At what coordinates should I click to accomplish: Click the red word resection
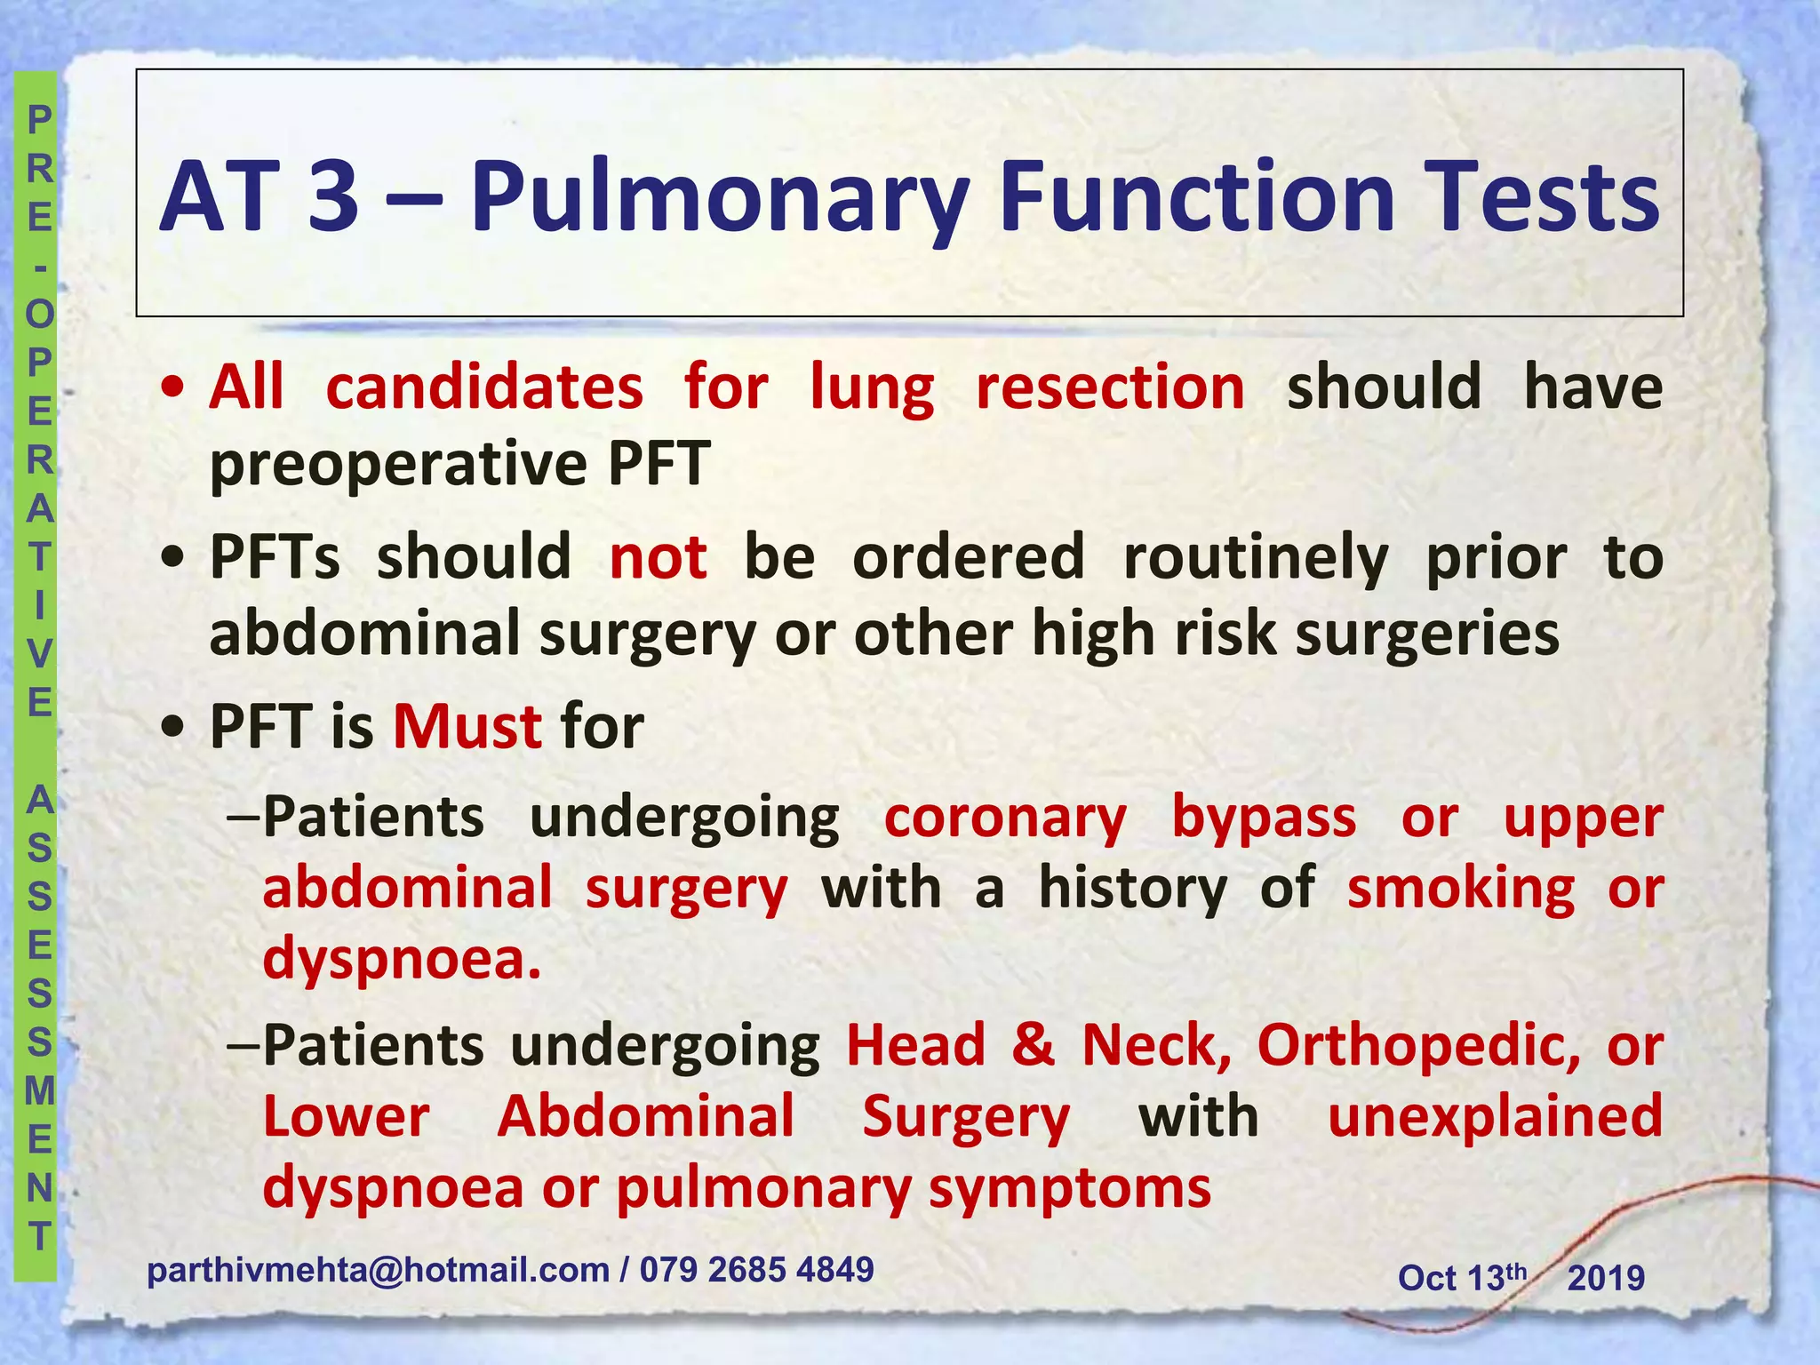1110,388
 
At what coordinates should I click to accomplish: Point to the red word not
659,558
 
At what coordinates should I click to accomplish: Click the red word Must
467,727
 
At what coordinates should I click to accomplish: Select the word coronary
1005,818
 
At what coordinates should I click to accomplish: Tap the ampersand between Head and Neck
1033,1045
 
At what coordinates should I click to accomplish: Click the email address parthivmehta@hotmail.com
378,1270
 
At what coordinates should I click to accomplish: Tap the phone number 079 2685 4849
756,1270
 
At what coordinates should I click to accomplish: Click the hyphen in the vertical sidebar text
39,266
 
